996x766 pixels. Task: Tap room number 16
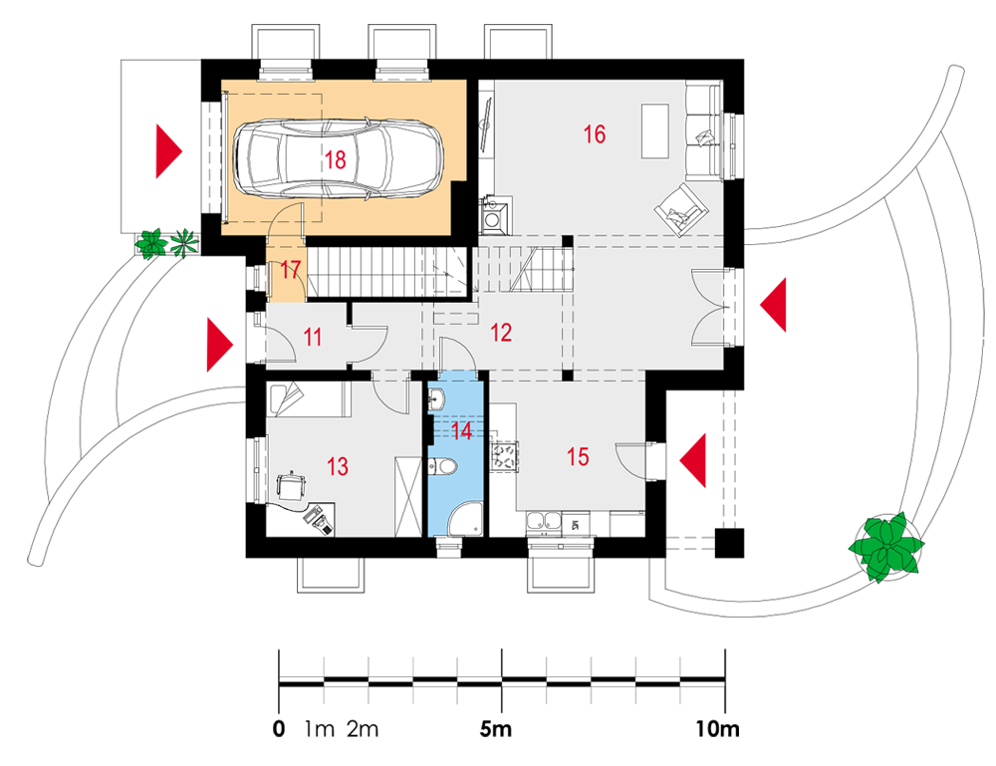[x=594, y=134]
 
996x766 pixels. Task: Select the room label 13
[x=338, y=466]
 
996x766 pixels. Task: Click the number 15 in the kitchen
[x=578, y=456]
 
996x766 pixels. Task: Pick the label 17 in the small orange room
[x=290, y=270]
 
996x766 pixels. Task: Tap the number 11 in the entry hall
[x=312, y=337]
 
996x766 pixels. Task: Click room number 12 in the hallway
[x=501, y=332]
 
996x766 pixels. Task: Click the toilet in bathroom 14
[x=443, y=467]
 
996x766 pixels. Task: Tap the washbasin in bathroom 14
[x=436, y=398]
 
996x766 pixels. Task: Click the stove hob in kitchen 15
[x=506, y=456]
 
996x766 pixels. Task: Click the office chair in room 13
[x=292, y=486]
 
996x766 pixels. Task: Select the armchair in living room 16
[x=681, y=209]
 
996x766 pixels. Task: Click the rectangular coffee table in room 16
[x=655, y=130]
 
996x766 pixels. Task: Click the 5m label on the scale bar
[x=495, y=728]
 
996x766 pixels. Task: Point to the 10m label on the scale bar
[x=717, y=728]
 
